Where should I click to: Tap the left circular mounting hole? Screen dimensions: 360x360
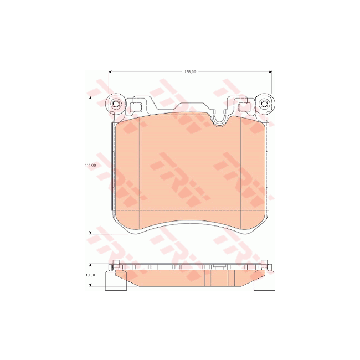click(x=115, y=104)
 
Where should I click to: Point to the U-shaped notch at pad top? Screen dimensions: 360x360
click(x=219, y=118)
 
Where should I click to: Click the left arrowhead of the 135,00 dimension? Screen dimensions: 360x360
click(x=110, y=72)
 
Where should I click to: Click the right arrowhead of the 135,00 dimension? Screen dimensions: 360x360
click(x=270, y=72)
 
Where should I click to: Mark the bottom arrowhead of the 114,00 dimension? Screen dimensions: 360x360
click(x=90, y=232)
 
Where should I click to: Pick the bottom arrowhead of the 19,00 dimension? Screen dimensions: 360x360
click(x=90, y=285)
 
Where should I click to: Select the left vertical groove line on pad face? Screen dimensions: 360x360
click(x=138, y=166)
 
